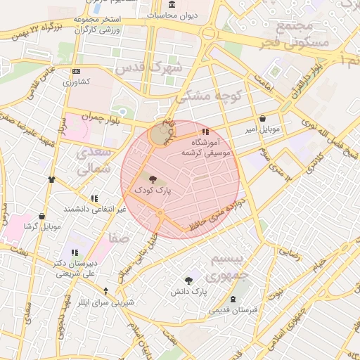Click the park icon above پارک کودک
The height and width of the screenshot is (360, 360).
coord(153,179)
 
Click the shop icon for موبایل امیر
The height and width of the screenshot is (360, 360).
coord(263,119)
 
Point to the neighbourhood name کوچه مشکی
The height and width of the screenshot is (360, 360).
coord(217,96)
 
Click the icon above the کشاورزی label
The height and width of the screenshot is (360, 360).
coord(76,72)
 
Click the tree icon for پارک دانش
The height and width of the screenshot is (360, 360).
coord(188,281)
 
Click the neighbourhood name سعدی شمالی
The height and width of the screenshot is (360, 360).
coord(94,160)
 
